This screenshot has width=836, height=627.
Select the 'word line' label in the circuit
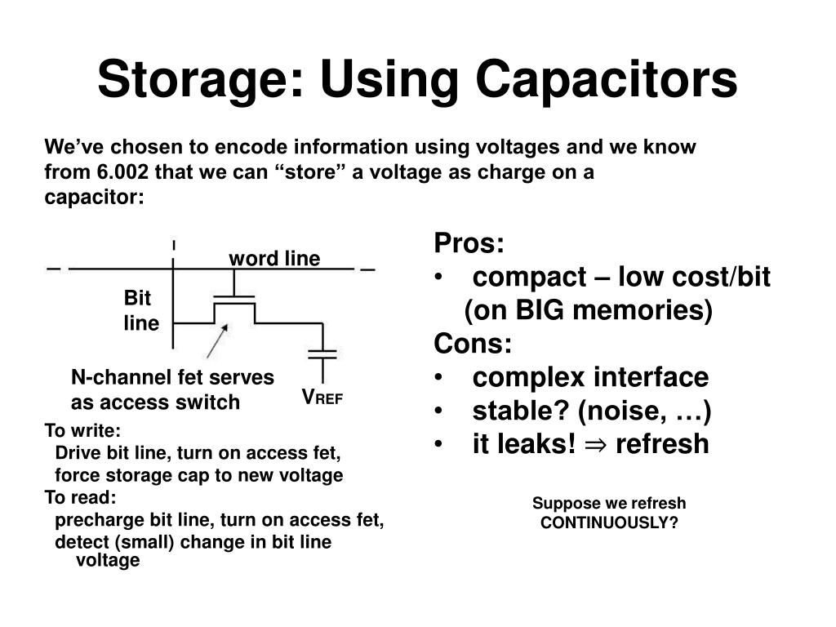(x=274, y=259)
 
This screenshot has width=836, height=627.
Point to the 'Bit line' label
(x=141, y=310)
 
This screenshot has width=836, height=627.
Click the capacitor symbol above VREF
(x=323, y=354)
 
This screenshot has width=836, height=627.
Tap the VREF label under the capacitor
(x=322, y=398)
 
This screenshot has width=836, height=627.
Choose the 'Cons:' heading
(x=473, y=344)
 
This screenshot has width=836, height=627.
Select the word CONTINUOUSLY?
(x=609, y=522)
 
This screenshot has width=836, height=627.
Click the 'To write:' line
(x=82, y=431)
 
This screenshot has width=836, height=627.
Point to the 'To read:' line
(x=80, y=497)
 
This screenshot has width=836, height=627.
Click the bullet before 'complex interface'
(x=440, y=379)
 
